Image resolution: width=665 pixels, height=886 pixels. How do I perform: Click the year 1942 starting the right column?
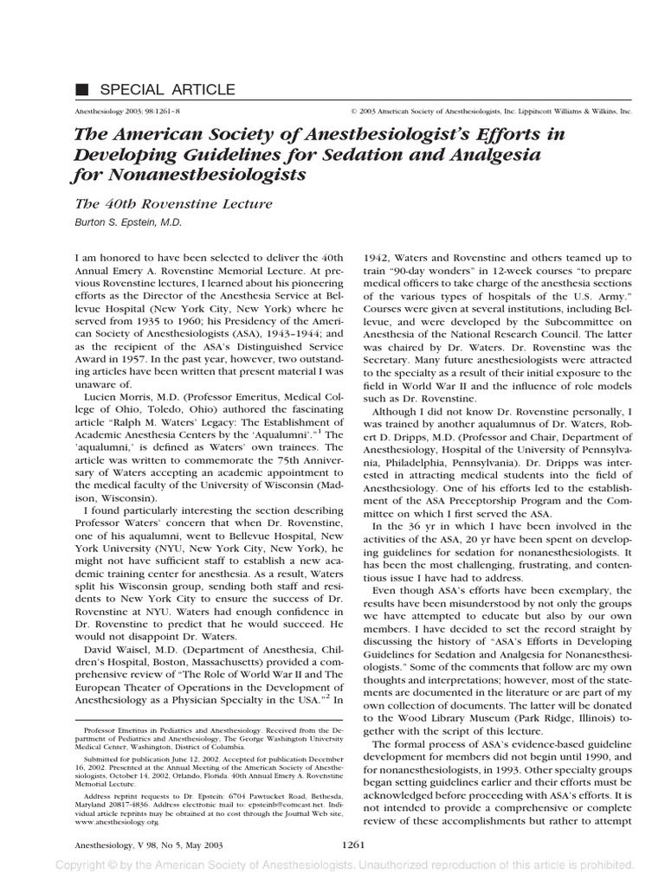pos(377,258)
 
